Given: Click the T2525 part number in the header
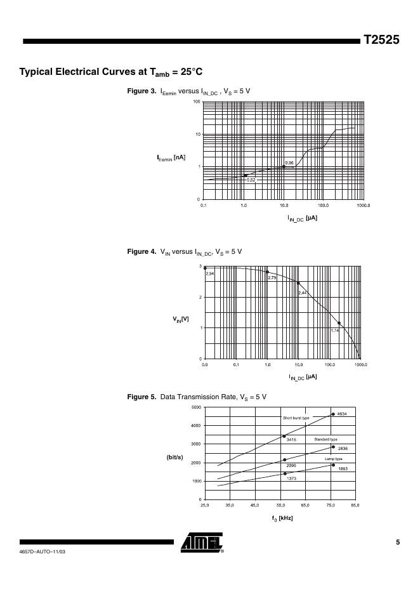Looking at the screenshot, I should [x=381, y=40].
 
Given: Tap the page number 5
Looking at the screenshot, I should [x=397, y=542].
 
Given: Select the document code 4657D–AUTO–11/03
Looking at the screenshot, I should [x=43, y=552].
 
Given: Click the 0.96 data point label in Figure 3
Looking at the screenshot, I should [x=289, y=163].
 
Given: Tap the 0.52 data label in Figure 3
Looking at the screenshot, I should [x=251, y=180].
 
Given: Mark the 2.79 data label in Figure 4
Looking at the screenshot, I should [x=272, y=278].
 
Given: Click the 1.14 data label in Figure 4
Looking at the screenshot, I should [x=336, y=330].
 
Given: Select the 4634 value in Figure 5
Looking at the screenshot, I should [x=343, y=414].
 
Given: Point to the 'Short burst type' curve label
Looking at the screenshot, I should [x=296, y=418].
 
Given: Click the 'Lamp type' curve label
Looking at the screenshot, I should [x=334, y=458].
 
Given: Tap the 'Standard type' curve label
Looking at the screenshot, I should [x=326, y=439].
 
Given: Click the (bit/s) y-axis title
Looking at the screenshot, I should [x=175, y=456].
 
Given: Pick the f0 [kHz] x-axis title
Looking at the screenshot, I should [x=281, y=518].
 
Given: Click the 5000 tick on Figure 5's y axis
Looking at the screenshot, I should [x=197, y=407].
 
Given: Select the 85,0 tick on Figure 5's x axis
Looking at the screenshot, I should [x=355, y=505].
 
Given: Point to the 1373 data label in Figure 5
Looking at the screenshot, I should [x=292, y=478].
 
